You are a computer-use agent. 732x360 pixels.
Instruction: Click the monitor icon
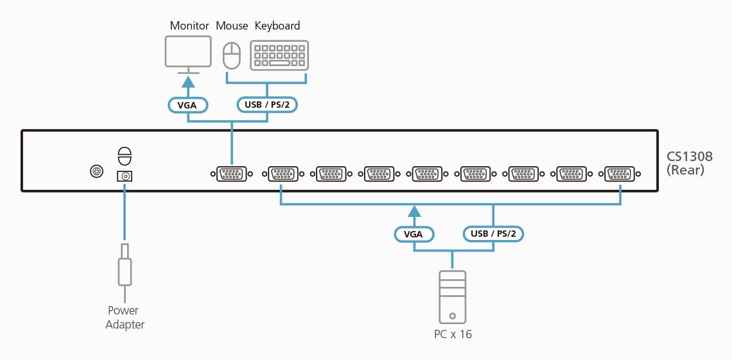pos(188,52)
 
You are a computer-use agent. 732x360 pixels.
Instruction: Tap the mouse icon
pos(231,56)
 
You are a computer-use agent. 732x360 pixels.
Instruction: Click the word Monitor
pos(189,26)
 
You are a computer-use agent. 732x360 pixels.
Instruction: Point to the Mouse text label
pos(232,26)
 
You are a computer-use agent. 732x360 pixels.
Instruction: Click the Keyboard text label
pos(277,26)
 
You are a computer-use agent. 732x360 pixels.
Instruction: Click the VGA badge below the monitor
pos(187,105)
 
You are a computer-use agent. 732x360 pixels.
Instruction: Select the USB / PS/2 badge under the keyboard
pos(267,105)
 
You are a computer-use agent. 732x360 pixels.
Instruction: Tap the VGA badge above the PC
pos(414,234)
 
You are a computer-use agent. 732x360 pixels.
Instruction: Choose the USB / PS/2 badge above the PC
pos(493,234)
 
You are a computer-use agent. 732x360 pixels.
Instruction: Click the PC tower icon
pos(453,296)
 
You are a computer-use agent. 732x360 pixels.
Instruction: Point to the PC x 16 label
pos(453,334)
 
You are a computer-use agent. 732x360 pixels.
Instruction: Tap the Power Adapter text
pos(125,318)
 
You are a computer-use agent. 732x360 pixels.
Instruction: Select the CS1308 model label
pos(690,157)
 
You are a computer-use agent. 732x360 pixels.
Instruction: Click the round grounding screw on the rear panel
pos(96,171)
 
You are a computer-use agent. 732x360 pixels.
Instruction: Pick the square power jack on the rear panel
pos(125,176)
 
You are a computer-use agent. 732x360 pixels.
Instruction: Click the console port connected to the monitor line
pos(231,173)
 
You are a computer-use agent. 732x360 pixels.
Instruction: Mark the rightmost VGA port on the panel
pos(620,173)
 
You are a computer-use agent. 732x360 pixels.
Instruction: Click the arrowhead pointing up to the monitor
pos(188,82)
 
